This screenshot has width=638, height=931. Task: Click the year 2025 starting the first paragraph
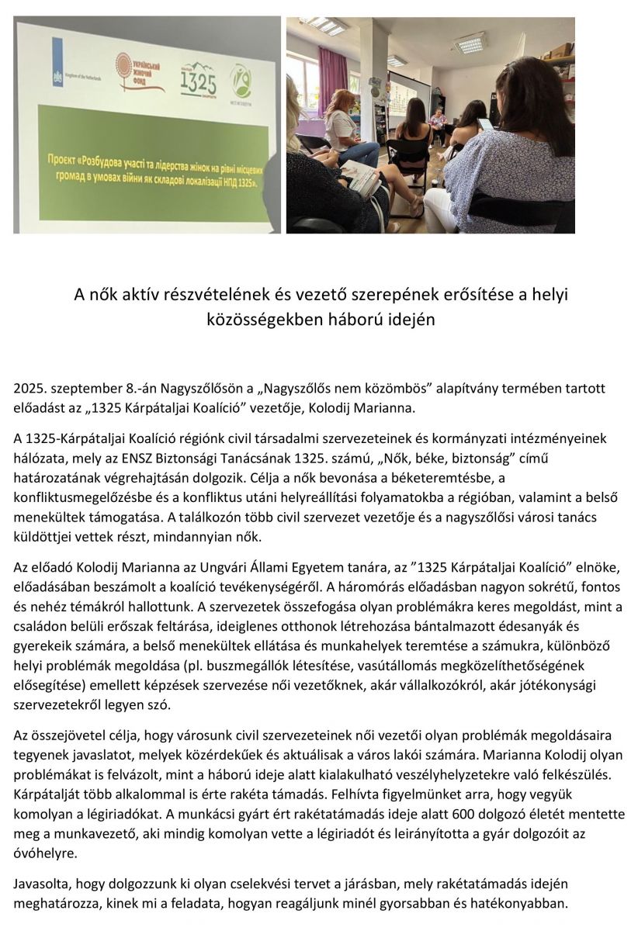pyautogui.click(x=28, y=386)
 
